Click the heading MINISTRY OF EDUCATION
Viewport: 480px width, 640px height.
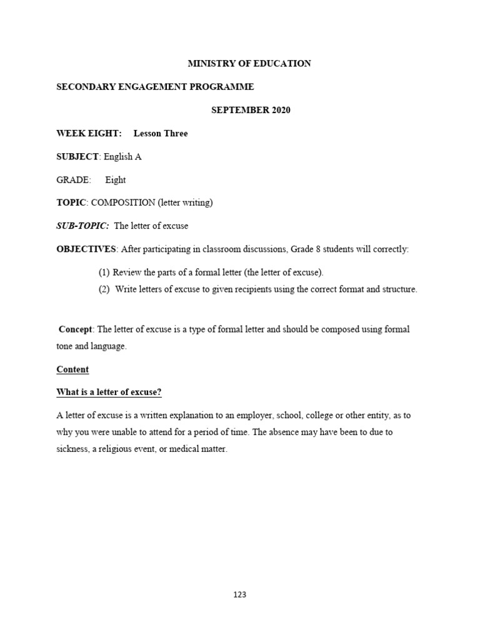tap(249, 64)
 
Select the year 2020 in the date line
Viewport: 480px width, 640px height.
tap(280, 111)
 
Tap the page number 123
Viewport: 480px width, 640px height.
tap(240, 595)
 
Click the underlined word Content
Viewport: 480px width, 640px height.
tap(72, 369)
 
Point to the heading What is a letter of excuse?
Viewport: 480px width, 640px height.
tap(109, 392)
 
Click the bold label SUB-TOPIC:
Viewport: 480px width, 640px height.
tap(82, 226)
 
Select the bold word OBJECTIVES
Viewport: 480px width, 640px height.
tap(86, 249)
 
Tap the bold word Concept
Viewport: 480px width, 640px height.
tap(76, 329)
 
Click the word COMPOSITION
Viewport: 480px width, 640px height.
tap(123, 202)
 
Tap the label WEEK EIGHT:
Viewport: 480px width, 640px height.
tap(89, 134)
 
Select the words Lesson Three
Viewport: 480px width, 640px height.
tap(161, 134)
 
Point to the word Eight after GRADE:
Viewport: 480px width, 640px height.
tap(116, 180)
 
